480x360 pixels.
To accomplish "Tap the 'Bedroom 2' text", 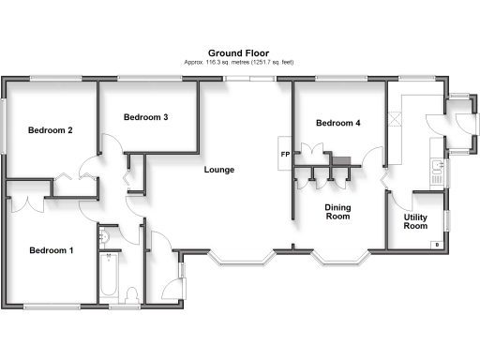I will [x=50, y=130].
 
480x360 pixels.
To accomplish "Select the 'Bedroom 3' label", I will [x=145, y=117].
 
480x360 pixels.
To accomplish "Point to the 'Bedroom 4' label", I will [x=337, y=124].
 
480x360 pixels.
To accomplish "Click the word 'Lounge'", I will [x=219, y=170].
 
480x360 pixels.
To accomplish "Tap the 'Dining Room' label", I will [x=337, y=212].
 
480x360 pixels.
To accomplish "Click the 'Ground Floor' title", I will [x=239, y=52].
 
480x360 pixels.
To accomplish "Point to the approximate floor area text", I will [x=239, y=62].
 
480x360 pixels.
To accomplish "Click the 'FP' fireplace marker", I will [x=284, y=154].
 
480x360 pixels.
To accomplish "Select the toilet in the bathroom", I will [x=131, y=294].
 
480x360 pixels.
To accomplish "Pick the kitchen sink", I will [x=436, y=169].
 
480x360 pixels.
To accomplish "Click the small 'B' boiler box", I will [x=437, y=245].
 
